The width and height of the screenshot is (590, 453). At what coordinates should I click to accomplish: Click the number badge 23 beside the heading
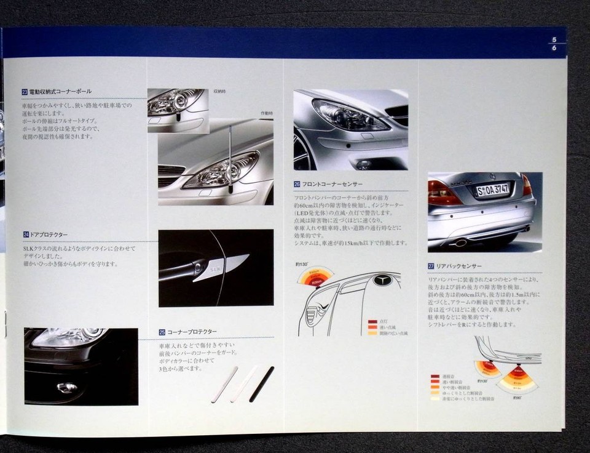click(25, 92)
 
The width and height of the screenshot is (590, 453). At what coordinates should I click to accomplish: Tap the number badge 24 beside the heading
click(25, 235)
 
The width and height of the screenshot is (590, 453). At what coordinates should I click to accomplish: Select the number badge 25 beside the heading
click(162, 332)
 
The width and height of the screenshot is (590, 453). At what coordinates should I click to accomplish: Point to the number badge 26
click(297, 184)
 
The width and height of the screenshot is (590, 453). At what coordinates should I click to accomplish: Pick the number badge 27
click(431, 266)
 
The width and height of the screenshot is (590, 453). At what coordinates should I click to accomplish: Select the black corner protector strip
click(262, 383)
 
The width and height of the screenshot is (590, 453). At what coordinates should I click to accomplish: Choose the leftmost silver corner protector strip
click(224, 384)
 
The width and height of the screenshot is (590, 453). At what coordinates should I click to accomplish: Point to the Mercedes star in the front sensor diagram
click(383, 281)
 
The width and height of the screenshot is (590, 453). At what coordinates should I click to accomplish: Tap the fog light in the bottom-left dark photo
click(67, 387)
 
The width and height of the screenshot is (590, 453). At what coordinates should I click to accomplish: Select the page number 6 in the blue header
click(554, 47)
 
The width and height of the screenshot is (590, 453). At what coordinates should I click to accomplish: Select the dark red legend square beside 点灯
click(372, 321)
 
